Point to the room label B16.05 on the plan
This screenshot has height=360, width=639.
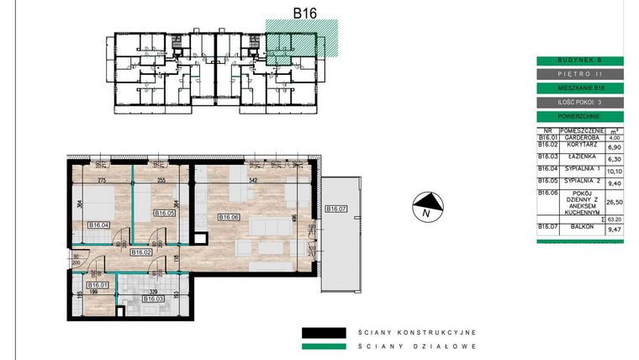[x=165, y=213]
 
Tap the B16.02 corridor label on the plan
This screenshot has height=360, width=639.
[x=140, y=251]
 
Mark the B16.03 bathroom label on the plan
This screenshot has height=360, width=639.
[x=153, y=298]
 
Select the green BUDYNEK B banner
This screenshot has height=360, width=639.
[x=579, y=61]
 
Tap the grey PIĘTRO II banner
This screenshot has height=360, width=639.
[x=579, y=74]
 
